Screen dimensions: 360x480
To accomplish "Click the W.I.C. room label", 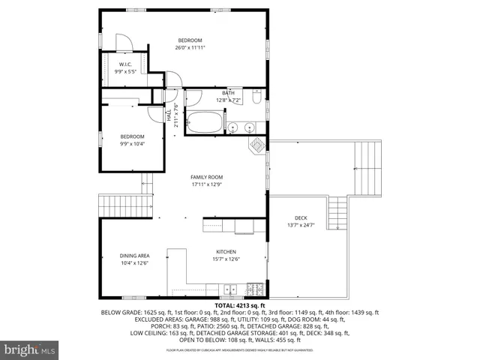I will (x=124, y=65).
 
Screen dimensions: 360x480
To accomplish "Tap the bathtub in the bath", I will (x=204, y=122).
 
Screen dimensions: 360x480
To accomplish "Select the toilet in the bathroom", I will (x=256, y=97).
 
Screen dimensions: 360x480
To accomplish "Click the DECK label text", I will (x=301, y=218).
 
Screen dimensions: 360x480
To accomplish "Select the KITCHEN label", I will (x=226, y=252).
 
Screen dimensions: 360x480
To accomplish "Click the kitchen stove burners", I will (x=254, y=288).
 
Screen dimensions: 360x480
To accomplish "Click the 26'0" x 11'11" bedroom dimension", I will (x=190, y=47).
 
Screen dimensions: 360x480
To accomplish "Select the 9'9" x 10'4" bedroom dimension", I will (x=133, y=143).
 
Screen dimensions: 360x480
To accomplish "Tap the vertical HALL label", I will (x=169, y=113).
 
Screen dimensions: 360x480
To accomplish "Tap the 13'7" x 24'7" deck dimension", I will (x=301, y=225).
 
